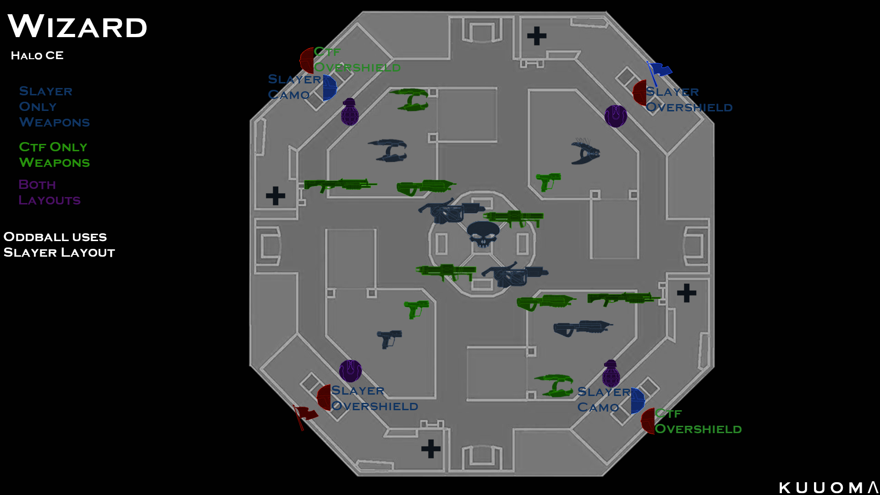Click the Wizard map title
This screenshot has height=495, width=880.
(x=77, y=27)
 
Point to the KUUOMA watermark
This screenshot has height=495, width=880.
(x=828, y=488)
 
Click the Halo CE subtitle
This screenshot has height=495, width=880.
(x=37, y=55)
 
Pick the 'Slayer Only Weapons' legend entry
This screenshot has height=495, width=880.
(x=54, y=107)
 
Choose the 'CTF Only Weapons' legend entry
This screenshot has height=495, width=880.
(x=54, y=155)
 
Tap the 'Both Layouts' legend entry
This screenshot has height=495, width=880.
(x=49, y=192)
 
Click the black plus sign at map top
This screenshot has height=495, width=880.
(x=537, y=36)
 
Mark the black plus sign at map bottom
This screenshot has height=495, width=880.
(x=431, y=449)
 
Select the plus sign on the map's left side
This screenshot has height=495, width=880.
(x=275, y=196)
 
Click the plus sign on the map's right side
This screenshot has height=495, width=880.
(x=687, y=293)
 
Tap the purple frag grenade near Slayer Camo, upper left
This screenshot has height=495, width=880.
(x=350, y=112)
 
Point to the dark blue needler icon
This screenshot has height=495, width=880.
(x=585, y=151)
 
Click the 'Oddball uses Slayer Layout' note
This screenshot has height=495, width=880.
(x=59, y=245)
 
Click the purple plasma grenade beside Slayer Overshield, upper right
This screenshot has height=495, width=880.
(x=616, y=116)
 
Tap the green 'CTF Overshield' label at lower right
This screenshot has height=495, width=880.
(x=698, y=422)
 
